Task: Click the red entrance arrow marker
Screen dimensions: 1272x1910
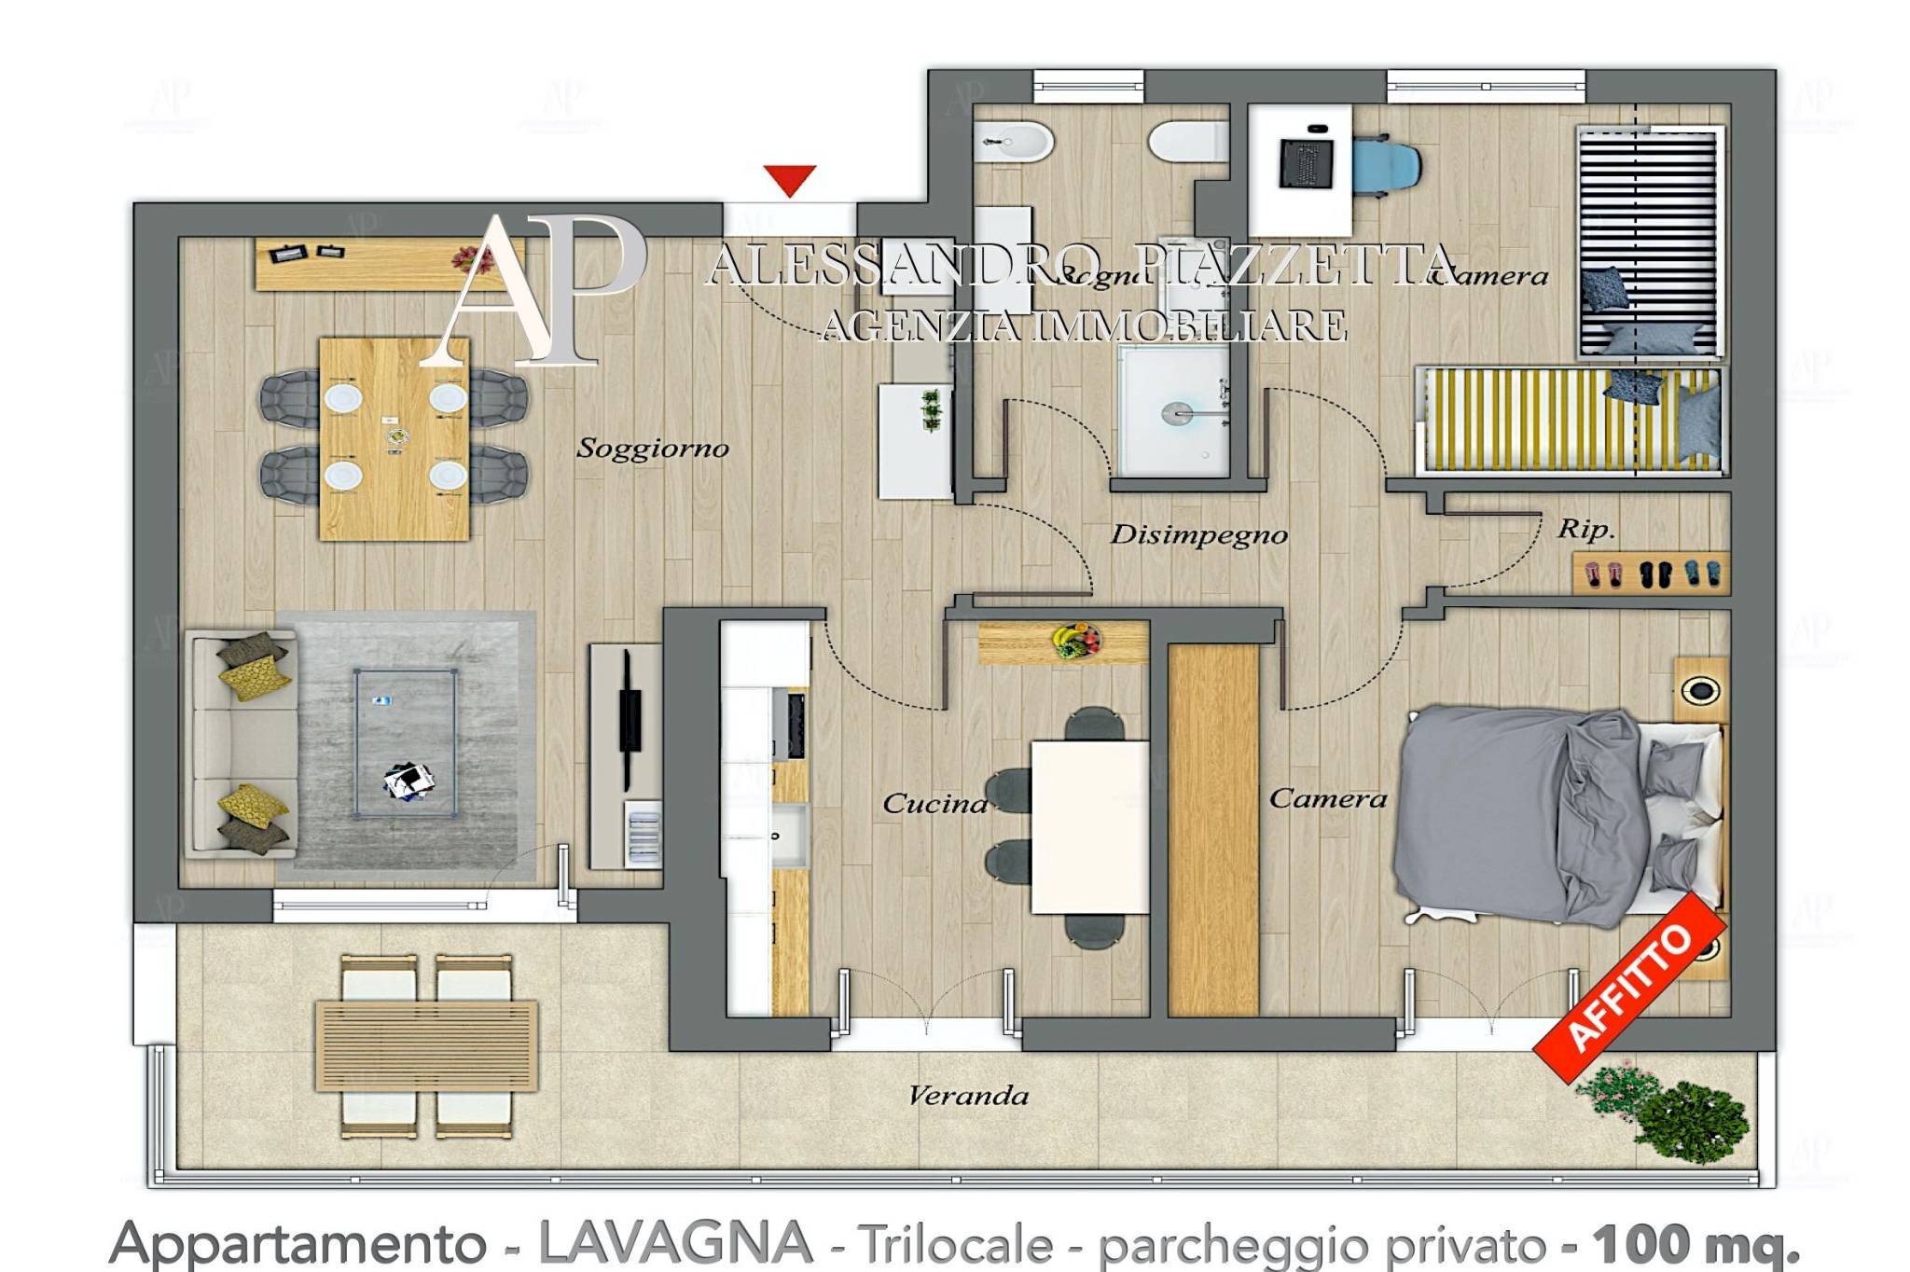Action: click(x=790, y=179)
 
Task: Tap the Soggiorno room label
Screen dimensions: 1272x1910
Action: click(x=652, y=449)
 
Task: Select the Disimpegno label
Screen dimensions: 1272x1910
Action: click(x=1198, y=534)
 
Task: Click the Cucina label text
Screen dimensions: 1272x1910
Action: click(x=934, y=803)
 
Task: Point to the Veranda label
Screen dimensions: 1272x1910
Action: click(x=968, y=1095)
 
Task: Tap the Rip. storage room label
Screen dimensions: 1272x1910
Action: click(x=1585, y=530)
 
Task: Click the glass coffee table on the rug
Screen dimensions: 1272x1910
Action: click(x=405, y=742)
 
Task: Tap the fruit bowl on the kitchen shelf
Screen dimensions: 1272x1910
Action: click(x=1075, y=641)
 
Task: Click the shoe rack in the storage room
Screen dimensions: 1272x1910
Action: click(x=1651, y=573)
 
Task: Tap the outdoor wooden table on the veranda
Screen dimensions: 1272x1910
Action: click(x=426, y=1045)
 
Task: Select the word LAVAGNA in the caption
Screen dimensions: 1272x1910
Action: click(x=675, y=1242)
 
